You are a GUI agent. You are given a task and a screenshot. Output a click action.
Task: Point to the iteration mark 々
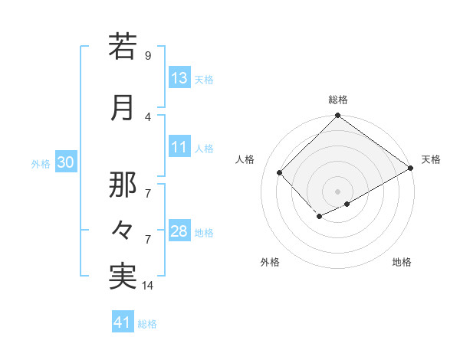point(123,231)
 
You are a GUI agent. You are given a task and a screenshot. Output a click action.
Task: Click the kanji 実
point(123,275)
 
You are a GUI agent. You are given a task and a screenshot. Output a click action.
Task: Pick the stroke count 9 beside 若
point(148,56)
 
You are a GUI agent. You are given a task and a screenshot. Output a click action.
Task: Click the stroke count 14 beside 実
point(148,286)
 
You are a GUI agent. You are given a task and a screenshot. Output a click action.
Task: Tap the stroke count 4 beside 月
point(148,116)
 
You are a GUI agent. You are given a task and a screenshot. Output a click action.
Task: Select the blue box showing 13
point(179,79)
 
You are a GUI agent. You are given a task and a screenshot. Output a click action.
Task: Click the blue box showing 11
point(179,148)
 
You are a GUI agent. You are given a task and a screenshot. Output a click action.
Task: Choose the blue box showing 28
point(179,232)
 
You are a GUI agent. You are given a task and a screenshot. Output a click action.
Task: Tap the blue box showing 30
point(65,163)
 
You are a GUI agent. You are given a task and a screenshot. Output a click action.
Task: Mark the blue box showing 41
point(123,323)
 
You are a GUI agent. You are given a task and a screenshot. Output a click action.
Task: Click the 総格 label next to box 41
point(147,324)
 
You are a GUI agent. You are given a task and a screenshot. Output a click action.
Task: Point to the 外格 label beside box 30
point(41,164)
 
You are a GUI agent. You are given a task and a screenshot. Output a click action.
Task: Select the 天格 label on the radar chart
point(431,159)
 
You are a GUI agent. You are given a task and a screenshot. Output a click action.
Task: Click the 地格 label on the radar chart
point(402,262)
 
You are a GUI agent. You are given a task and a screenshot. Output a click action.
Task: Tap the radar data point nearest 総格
point(337,116)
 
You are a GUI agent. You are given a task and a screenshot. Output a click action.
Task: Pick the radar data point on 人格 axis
point(280,172)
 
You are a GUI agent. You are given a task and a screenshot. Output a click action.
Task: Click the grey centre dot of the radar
point(337,190)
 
